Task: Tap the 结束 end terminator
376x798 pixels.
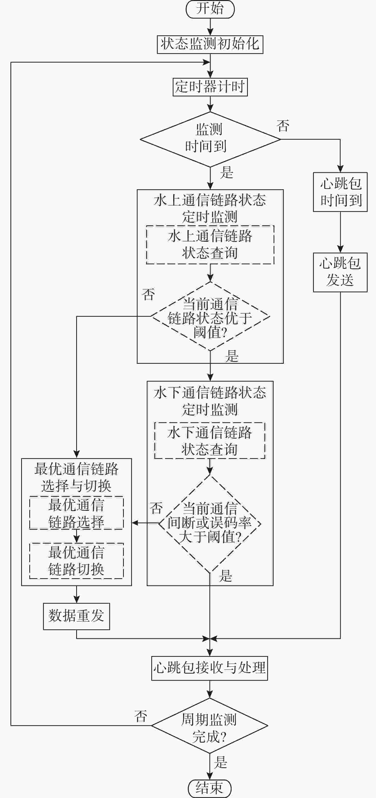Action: point(210,788)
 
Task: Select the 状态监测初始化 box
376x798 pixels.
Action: point(210,44)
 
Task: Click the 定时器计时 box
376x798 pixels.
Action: point(210,87)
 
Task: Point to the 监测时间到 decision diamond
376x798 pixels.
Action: point(210,139)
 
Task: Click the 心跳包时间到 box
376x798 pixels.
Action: point(340,192)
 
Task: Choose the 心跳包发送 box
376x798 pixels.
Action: point(340,272)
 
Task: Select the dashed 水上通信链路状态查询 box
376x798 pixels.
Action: point(210,245)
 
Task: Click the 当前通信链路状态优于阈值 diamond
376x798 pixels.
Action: point(210,317)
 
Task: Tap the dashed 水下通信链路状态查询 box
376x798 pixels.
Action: point(210,441)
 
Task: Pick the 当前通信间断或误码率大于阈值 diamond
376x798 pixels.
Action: point(210,524)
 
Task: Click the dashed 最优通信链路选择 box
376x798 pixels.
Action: point(76,513)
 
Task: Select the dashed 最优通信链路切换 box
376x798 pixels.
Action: point(76,561)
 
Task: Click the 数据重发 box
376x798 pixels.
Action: point(76,616)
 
